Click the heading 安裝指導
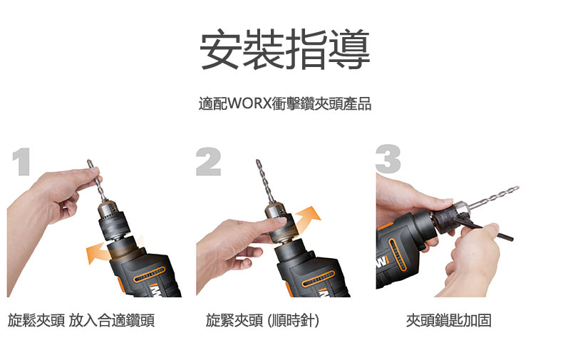click(x=285, y=50)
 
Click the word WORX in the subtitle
click(x=249, y=103)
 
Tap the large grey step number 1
click(x=22, y=162)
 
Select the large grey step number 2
click(x=208, y=162)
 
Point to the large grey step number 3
click(x=388, y=159)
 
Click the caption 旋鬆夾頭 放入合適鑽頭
click(x=81, y=320)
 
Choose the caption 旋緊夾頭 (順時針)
click(x=262, y=320)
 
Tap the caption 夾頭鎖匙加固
click(x=449, y=320)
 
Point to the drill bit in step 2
click(x=265, y=182)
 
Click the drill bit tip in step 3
click(x=518, y=187)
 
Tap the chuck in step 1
click(x=113, y=220)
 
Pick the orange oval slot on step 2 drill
click(x=319, y=279)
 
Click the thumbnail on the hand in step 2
click(x=282, y=220)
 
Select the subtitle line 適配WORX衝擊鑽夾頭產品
click(x=285, y=103)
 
